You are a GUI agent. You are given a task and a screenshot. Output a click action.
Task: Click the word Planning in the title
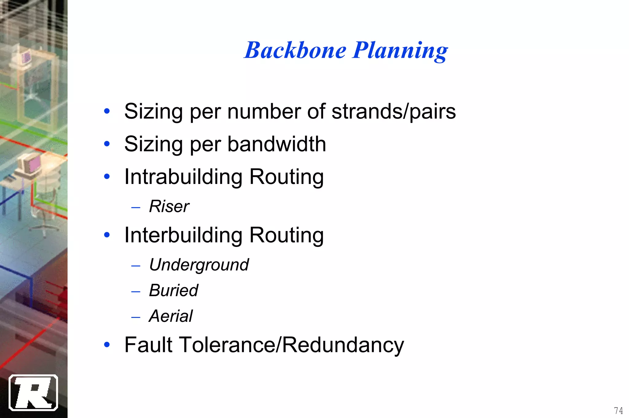[400, 51]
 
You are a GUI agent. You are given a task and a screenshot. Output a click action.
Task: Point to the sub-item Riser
[169, 206]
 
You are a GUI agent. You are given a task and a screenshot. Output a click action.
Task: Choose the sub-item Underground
[199, 264]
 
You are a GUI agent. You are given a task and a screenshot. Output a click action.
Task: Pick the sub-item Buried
[174, 290]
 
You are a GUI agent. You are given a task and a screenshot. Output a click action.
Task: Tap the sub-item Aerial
[171, 316]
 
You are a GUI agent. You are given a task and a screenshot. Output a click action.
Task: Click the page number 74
[618, 410]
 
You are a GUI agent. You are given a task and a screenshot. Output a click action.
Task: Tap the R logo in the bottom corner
[33, 393]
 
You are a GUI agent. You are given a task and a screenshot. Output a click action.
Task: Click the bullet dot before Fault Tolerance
[107, 345]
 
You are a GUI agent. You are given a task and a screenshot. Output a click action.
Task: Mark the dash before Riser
[135, 208]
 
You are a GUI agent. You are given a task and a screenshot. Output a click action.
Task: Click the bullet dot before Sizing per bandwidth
[107, 143]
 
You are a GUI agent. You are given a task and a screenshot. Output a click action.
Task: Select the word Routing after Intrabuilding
[286, 177]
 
